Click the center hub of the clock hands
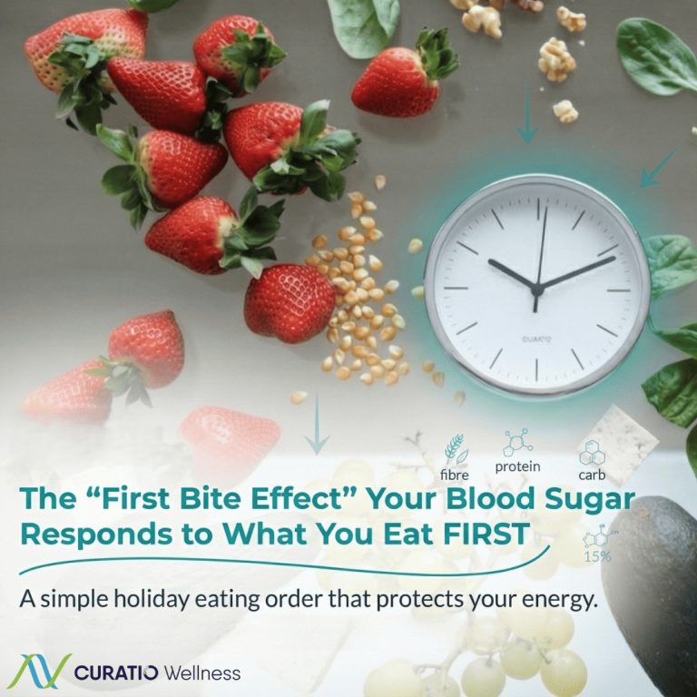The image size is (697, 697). (536, 290)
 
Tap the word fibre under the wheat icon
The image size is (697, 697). (455, 474)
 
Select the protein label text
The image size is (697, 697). (517, 466)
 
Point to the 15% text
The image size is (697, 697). (596, 555)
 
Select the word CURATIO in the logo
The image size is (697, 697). (116, 672)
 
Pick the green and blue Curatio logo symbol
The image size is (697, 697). (39, 672)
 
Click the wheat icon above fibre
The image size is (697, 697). (455, 449)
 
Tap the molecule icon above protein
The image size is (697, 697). (517, 442)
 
